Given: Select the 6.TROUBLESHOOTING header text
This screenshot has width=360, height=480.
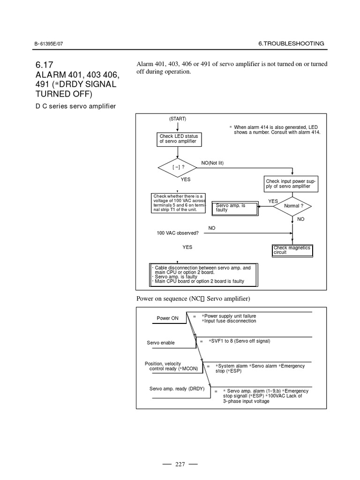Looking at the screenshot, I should click(x=291, y=44).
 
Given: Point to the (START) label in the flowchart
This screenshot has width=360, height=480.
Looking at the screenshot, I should click(x=178, y=119).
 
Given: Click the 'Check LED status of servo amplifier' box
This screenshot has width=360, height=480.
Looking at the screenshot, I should click(x=178, y=139).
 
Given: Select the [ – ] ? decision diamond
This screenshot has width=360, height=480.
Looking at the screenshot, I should click(x=178, y=166).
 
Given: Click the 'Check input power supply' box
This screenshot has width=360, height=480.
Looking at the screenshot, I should click(x=291, y=184).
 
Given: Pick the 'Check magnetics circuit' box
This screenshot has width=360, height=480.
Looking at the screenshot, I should click(x=292, y=250).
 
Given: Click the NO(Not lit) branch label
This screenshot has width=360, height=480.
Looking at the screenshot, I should click(x=213, y=163).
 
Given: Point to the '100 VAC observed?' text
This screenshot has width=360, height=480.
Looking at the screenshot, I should click(x=178, y=232).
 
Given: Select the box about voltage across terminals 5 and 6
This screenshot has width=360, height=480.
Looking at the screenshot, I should click(x=178, y=203).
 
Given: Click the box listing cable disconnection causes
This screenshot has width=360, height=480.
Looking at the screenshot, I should click(x=203, y=275).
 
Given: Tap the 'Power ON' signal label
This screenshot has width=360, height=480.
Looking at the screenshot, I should click(x=167, y=318).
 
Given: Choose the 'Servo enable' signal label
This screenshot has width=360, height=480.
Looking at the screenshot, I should click(x=161, y=343).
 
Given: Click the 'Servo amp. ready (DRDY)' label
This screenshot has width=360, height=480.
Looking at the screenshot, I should click(x=173, y=389).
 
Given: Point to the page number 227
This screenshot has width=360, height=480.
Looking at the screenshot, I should click(x=180, y=464).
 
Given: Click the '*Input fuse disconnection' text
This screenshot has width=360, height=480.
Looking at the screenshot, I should click(x=229, y=321).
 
